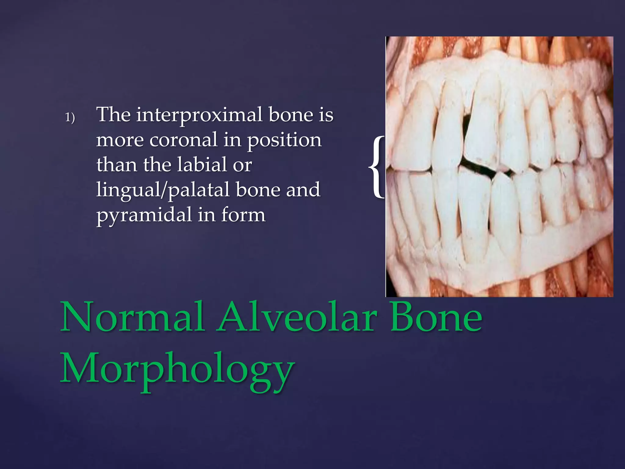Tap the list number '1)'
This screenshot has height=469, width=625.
[70, 117]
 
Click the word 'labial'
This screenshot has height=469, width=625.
[202, 165]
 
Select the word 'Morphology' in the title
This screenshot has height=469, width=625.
[177, 369]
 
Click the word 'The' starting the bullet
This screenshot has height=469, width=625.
[114, 115]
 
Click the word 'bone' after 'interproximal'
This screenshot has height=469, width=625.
[291, 115]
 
